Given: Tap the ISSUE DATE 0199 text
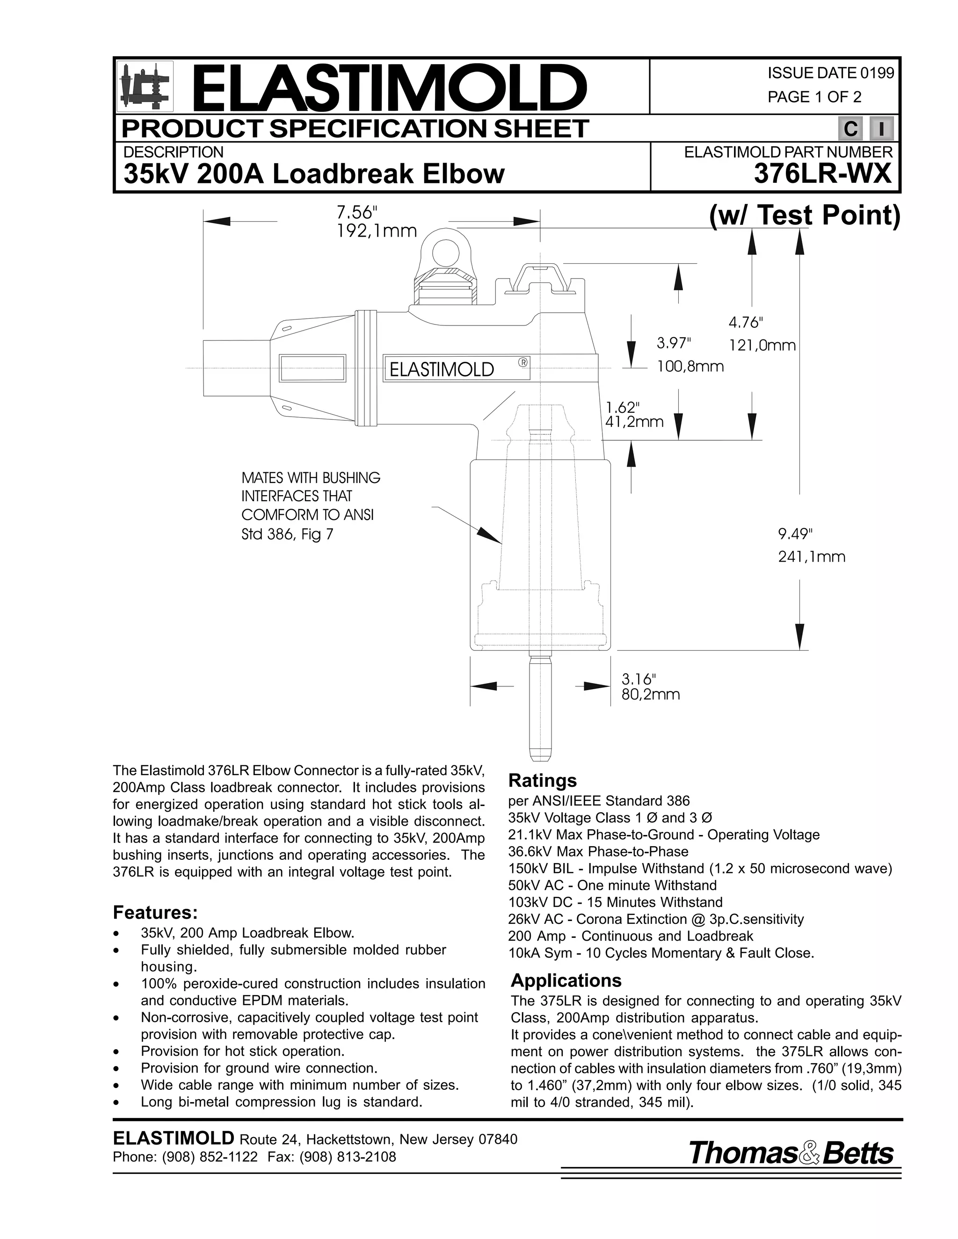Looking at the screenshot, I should point(830,73).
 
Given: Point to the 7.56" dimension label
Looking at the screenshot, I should point(356,213).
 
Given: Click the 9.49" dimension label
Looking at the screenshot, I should point(795,534).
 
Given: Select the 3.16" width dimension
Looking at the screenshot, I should point(639,678).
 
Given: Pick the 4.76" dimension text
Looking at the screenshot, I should point(746,323).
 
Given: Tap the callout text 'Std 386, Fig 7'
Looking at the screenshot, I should point(287,534).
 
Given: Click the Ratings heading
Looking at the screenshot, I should point(543,781).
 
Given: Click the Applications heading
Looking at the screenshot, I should point(566,980).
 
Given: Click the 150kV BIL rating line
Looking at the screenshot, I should point(700,869).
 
